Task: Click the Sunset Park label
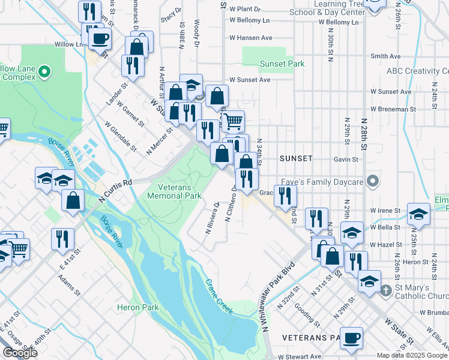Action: pyautogui.click(x=282, y=64)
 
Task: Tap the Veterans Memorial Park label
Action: pyautogui.click(x=175, y=191)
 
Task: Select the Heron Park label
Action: pyautogui.click(x=138, y=308)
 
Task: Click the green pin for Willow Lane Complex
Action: pyautogui.click(x=44, y=73)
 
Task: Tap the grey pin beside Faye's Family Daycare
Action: pyautogui.click(x=373, y=181)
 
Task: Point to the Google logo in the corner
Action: pyautogui.click(x=19, y=353)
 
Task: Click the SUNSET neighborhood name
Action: pyautogui.click(x=296, y=158)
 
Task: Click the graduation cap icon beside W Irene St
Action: pyautogui.click(x=418, y=214)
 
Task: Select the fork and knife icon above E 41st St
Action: pyautogui.click(x=62, y=239)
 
